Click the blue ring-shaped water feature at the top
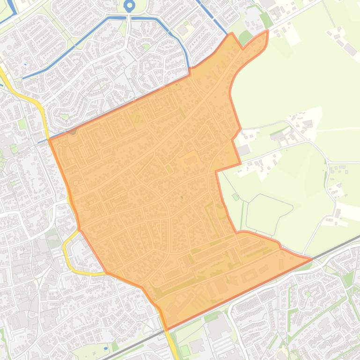(130, 6)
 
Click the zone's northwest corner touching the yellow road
(49, 126)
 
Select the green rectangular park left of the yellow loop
(53, 238)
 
